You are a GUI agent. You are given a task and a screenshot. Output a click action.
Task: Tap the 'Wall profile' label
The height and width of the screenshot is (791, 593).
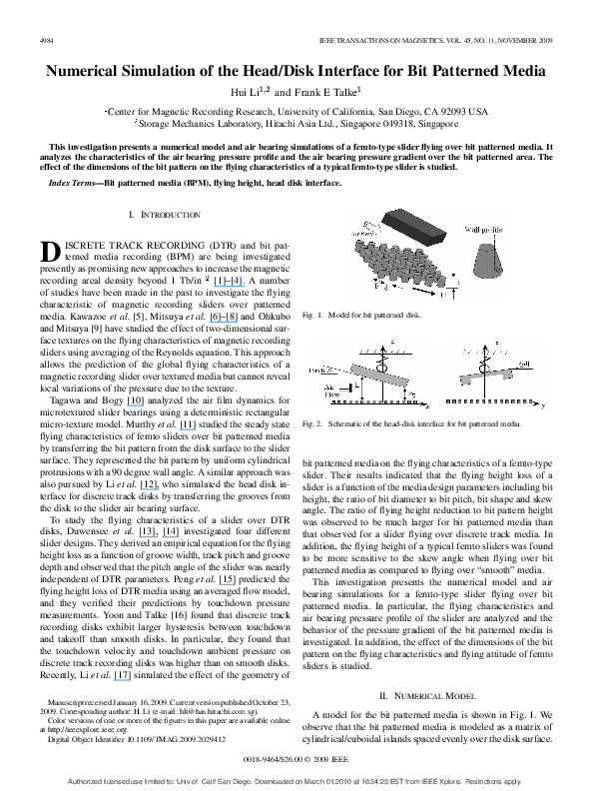click(482, 230)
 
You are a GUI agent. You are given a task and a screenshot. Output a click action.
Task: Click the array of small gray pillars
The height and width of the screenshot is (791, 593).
click(400, 265)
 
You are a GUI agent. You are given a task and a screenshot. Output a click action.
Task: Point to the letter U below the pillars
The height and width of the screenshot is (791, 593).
click(443, 295)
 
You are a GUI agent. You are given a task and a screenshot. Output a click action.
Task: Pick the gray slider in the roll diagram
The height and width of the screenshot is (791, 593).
click(485, 378)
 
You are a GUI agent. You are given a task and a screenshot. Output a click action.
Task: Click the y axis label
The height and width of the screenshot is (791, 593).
click(543, 407)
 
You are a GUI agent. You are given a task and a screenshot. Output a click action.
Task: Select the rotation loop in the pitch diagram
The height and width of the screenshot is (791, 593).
click(379, 366)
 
